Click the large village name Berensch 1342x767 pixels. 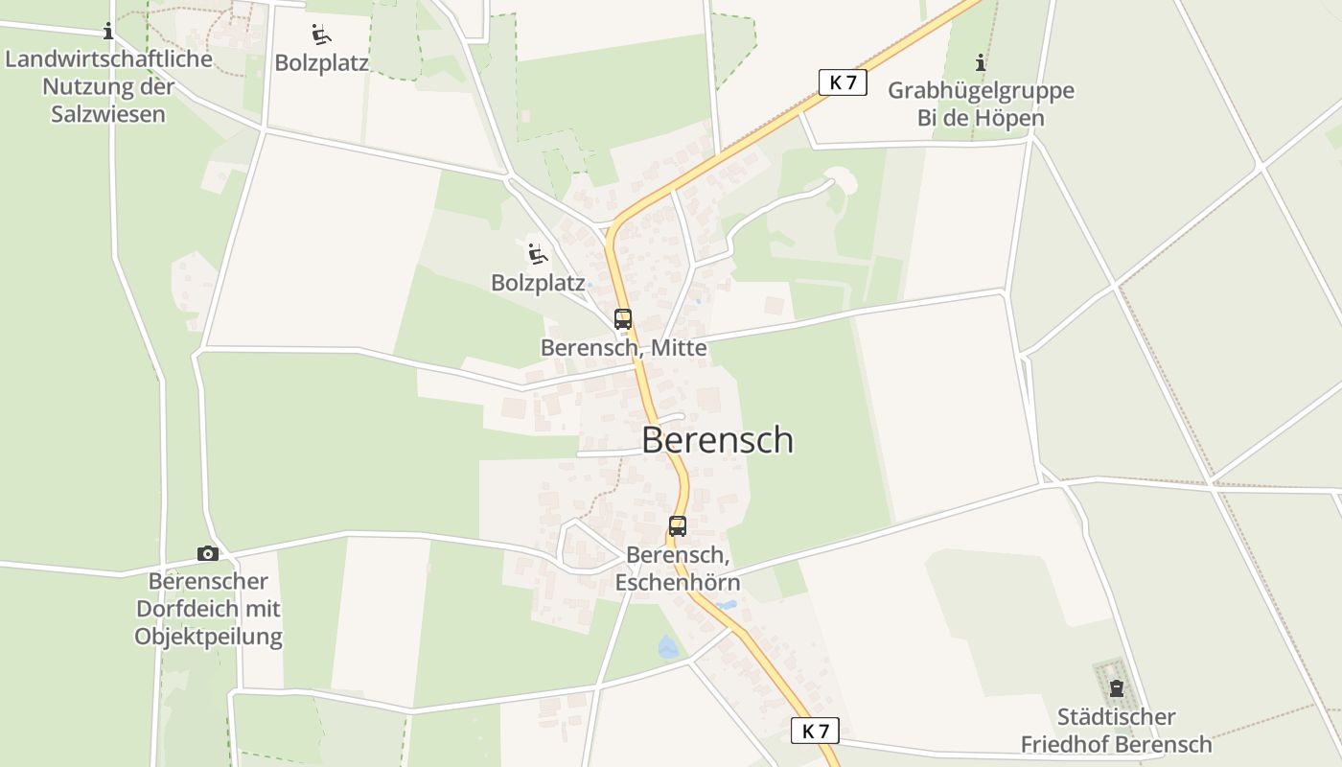[717, 440]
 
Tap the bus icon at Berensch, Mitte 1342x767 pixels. [623, 319]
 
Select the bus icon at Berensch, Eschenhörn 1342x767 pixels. [678, 525]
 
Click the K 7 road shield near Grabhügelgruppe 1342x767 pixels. [843, 82]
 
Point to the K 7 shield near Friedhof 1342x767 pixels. [816, 731]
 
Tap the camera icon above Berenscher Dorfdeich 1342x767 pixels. [207, 553]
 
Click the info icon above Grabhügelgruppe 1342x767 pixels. [981, 63]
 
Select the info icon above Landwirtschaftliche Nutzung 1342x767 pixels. [107, 32]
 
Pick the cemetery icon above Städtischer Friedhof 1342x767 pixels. [1116, 688]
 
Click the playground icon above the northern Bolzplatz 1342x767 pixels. [321, 35]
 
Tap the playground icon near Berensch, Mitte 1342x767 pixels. [538, 254]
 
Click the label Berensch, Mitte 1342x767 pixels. [624, 348]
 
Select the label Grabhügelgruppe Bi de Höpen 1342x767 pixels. [981, 105]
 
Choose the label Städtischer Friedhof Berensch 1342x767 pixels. [1116, 731]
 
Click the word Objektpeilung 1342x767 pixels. [209, 637]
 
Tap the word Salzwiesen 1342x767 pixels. [108, 114]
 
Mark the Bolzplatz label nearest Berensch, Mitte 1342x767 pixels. [538, 283]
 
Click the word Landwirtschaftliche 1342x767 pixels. [108, 59]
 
